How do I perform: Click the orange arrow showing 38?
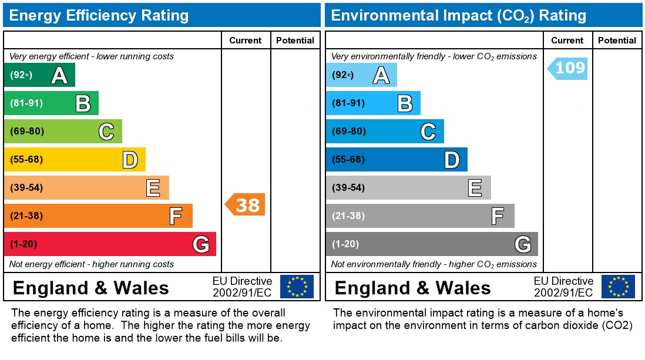tap(246, 204)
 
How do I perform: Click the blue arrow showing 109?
tap(568, 68)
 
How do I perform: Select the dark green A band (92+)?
tap(39, 75)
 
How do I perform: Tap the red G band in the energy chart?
tap(110, 244)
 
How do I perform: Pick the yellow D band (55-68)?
tap(75, 160)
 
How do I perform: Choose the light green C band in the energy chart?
tap(63, 132)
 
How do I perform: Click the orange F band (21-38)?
tap(98, 216)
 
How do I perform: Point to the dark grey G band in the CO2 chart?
tap(432, 244)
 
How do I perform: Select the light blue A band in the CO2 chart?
tap(361, 75)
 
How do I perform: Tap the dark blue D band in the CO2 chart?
tap(397, 160)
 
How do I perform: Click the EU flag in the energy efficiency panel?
tap(297, 287)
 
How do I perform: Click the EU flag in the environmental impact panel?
tap(618, 287)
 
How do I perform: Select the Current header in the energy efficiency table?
tap(245, 41)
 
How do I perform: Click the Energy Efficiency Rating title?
tap(99, 15)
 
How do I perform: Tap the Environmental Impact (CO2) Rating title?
tap(458, 15)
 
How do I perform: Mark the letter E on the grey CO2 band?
tap(475, 188)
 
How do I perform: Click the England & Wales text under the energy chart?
tap(90, 288)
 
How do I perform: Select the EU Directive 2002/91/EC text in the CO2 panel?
tap(563, 287)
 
